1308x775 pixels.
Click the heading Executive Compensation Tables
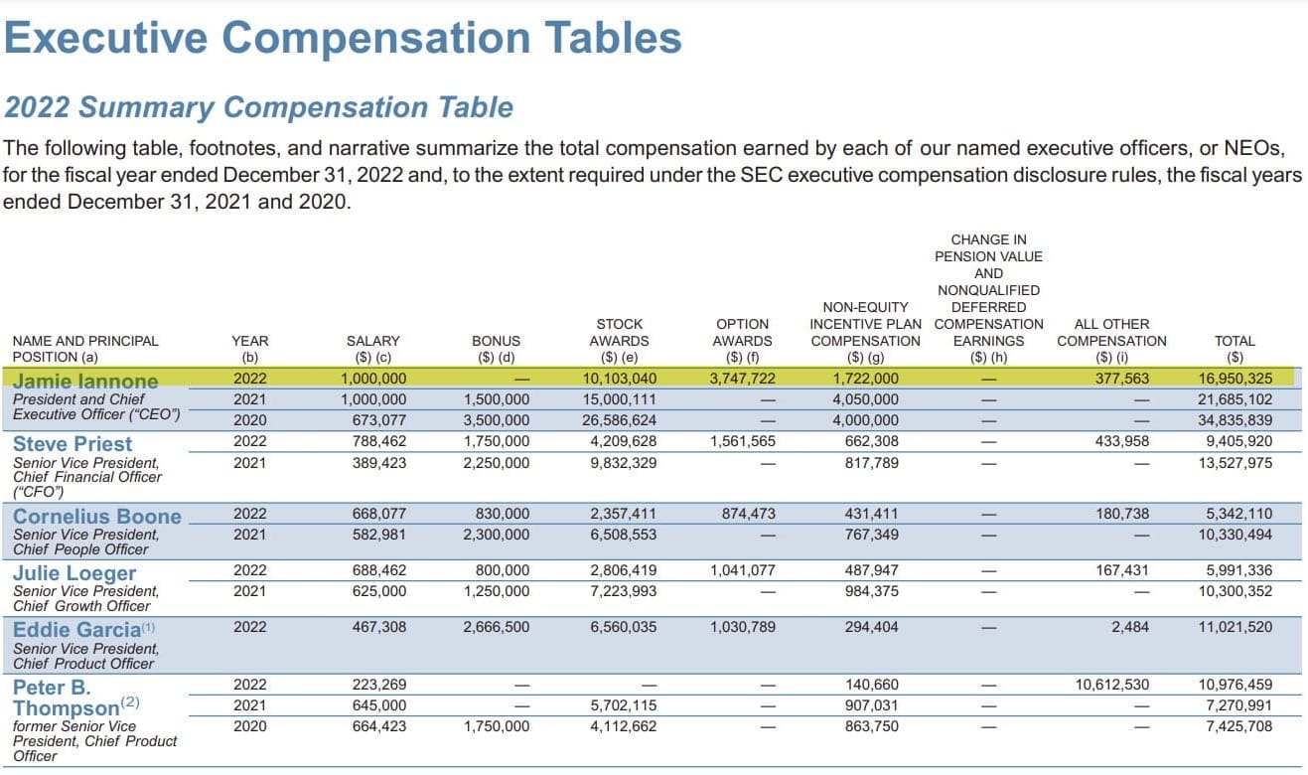(344, 38)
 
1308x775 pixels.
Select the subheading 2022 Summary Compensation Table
(259, 106)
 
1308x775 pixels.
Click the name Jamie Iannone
(85, 381)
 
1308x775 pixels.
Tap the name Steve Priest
(73, 443)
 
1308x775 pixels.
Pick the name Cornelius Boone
(97, 516)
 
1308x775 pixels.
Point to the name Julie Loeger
(74, 572)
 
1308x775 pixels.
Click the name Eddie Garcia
(76, 629)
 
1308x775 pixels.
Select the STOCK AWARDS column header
(619, 341)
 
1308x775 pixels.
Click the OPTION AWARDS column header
(742, 341)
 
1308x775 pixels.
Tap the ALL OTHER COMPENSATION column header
(1111, 341)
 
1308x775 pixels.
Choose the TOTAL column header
(1235, 349)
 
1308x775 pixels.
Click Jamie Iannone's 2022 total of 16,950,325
(1235, 378)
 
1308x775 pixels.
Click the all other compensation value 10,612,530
(1111, 684)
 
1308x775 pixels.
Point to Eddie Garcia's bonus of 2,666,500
(497, 627)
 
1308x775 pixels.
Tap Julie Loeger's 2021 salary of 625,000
(378, 591)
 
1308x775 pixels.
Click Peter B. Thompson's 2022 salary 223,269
(378, 684)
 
